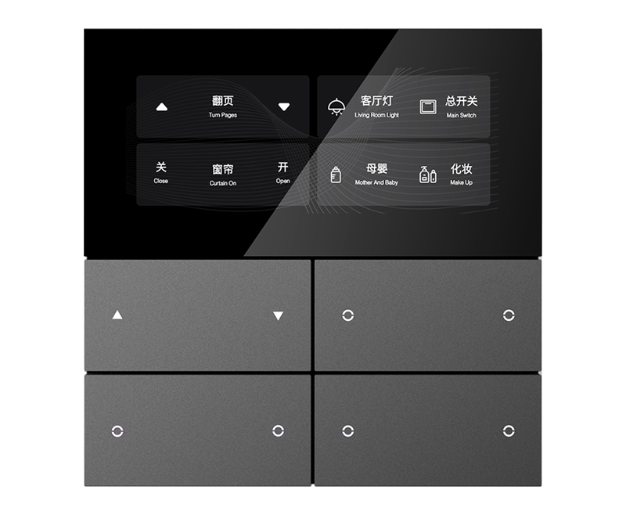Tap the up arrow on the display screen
click(162, 107)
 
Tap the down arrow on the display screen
click(284, 107)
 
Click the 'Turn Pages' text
click(223, 115)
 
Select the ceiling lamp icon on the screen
click(336, 106)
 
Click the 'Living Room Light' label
click(376, 115)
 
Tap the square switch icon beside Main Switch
click(428, 107)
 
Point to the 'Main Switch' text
click(461, 115)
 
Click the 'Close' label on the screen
click(161, 181)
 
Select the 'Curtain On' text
click(223, 183)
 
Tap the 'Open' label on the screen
click(282, 181)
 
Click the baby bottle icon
click(336, 175)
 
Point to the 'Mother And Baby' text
click(376, 182)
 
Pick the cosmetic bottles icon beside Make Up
click(427, 175)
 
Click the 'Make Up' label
click(461, 182)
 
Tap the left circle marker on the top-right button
click(347, 315)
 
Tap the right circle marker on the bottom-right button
click(509, 431)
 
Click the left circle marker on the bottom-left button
click(117, 431)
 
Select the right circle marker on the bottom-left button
click(279, 431)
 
